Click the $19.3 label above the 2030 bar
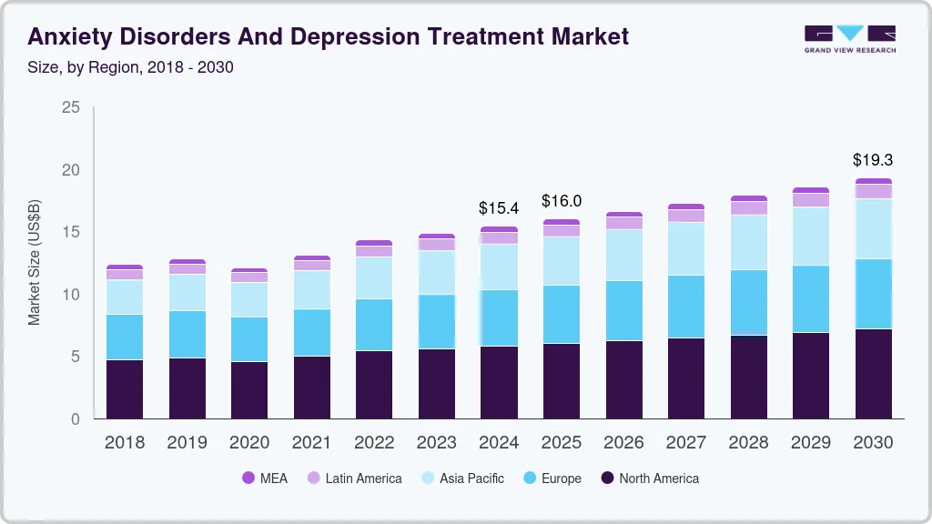pos(873,160)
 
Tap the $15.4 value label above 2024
pos(499,208)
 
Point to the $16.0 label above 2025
pos(562,201)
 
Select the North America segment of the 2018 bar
pos(125,389)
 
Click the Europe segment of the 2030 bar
pos(873,294)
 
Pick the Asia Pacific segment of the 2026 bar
pos(623,255)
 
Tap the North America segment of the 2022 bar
pos(374,384)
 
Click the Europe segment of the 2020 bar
pos(249,339)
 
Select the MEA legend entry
pos(265,478)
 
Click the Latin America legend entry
pos(354,478)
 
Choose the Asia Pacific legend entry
pos(461,478)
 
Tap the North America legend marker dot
pos(607,478)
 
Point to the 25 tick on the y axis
pos(71,107)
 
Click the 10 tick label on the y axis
pos(71,295)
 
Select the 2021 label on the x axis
pos(311,442)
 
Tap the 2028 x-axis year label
pos(748,442)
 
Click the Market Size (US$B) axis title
pos(35,262)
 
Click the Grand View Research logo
pos(849,38)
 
